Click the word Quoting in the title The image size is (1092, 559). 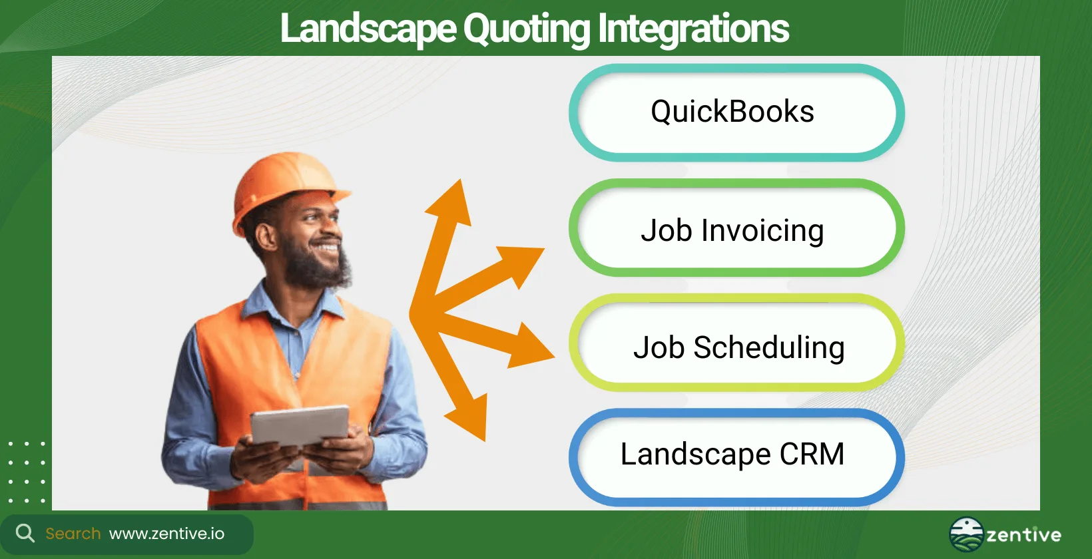pos(526,29)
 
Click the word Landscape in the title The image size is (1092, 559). pos(368,29)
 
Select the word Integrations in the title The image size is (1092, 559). pos(693,29)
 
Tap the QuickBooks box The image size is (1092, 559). pos(736,112)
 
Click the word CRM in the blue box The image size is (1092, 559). pos(812,455)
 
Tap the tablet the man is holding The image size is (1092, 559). pos(300,426)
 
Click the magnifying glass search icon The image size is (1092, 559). pos(25,533)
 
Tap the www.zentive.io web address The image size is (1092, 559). pos(166,534)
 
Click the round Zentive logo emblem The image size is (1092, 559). pos(966,534)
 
